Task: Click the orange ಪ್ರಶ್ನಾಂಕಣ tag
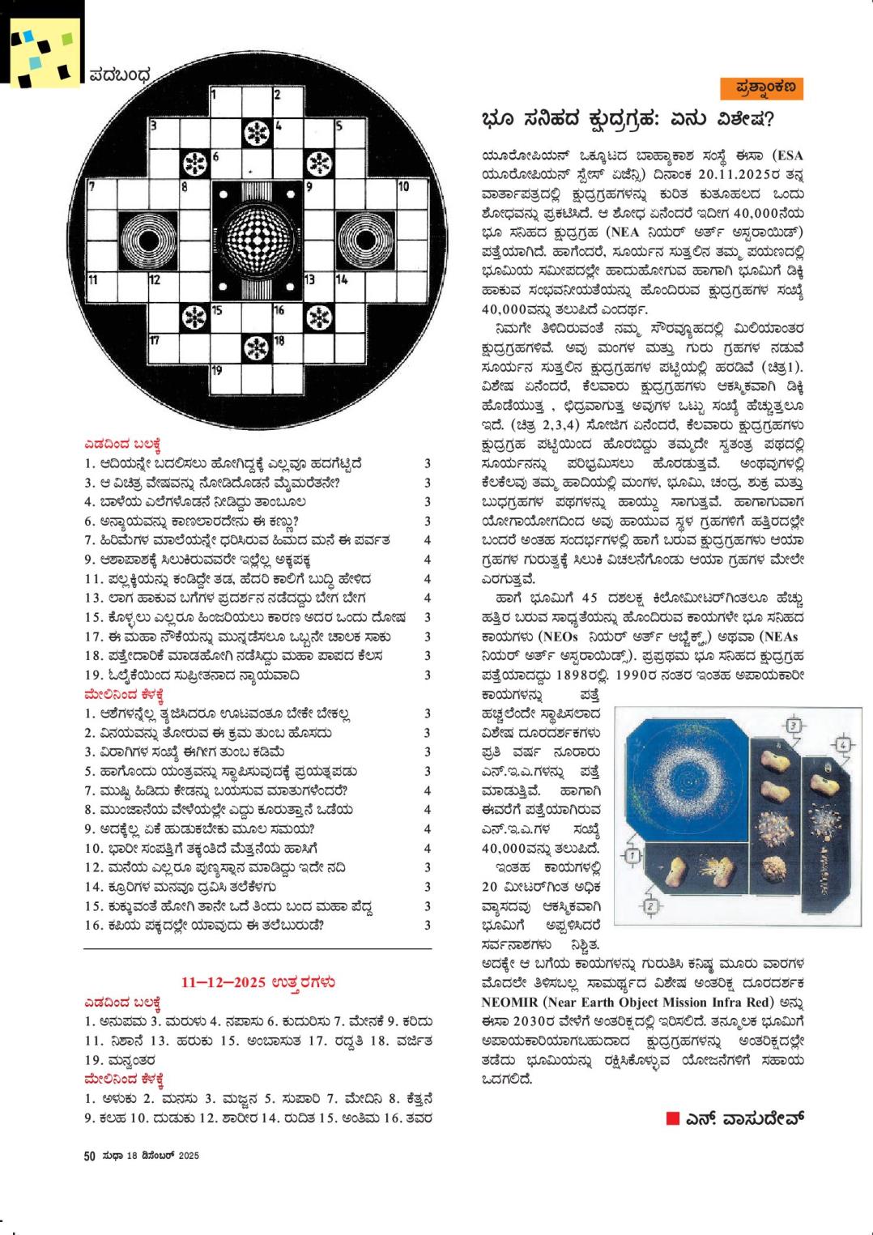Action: pyautogui.click(x=761, y=87)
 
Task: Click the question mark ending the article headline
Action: pyautogui.click(x=767, y=120)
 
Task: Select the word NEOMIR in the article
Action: pyautogui.click(x=509, y=1001)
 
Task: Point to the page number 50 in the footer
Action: pyautogui.click(x=90, y=1156)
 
